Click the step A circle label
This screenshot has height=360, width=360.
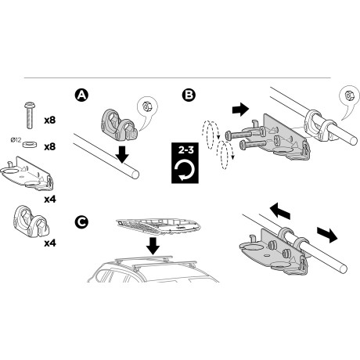pyautogui.click(x=81, y=95)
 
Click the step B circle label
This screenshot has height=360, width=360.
pyautogui.click(x=189, y=95)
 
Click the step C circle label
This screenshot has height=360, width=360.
pyautogui.click(x=81, y=222)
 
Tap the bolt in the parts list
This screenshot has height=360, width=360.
pyautogui.click(x=31, y=115)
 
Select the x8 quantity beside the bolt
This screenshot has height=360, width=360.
pyautogui.click(x=50, y=121)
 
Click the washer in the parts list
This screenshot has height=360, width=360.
pyautogui.click(x=29, y=144)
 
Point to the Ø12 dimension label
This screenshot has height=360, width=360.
pyautogui.click(x=16, y=140)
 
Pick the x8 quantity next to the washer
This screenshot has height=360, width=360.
pyautogui.click(x=50, y=147)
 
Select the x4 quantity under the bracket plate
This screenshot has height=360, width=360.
pyautogui.click(x=50, y=200)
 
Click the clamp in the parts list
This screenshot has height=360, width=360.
pyautogui.click(x=31, y=222)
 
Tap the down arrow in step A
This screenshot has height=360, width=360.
pyautogui.click(x=122, y=155)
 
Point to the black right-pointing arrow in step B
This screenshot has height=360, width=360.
pyautogui.click(x=240, y=109)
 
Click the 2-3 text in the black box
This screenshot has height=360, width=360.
pyautogui.click(x=185, y=150)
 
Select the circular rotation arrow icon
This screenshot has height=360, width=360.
pyautogui.click(x=185, y=169)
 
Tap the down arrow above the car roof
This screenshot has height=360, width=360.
pyautogui.click(x=153, y=246)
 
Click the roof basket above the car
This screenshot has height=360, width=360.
pyautogui.click(x=159, y=226)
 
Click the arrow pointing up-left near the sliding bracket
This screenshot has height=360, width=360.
pyautogui.click(x=279, y=211)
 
